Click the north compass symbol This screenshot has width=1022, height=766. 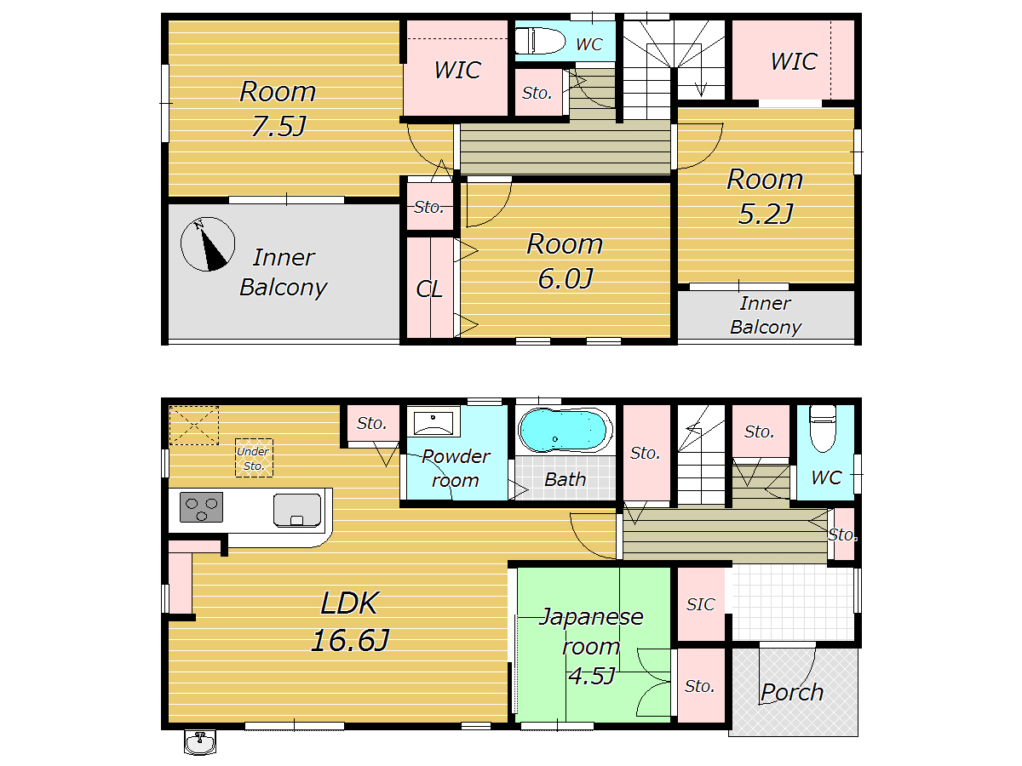tap(207, 243)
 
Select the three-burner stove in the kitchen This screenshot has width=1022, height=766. tap(201, 507)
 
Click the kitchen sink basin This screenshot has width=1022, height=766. tap(297, 510)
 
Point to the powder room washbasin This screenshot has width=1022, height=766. tap(433, 421)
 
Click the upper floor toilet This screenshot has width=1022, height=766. tap(540, 41)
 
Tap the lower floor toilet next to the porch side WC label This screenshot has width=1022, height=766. tap(823, 428)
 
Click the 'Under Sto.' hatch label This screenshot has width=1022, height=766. tap(253, 458)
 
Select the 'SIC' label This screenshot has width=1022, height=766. tap(700, 604)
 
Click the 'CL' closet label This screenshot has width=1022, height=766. tap(429, 289)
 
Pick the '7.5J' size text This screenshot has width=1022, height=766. tap(278, 126)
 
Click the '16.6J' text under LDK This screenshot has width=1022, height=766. tap(350, 640)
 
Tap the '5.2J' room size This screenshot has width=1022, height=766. tap(766, 214)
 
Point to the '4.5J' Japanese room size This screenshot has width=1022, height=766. tap(592, 676)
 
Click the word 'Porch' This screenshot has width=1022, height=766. tap(792, 692)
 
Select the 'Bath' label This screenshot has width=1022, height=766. tap(566, 479)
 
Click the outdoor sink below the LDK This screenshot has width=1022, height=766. tap(200, 741)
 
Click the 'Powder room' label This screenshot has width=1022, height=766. tap(456, 468)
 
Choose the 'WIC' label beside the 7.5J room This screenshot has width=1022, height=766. tap(457, 70)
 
